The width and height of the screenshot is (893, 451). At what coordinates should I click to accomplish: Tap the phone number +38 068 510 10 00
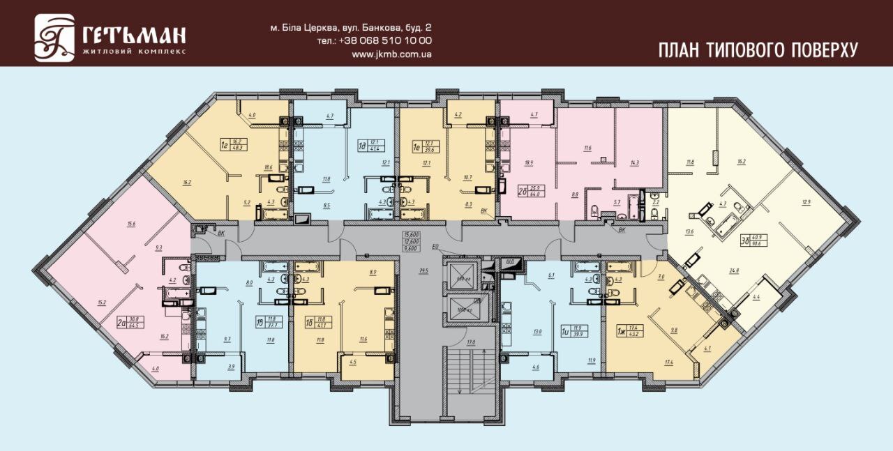click(384, 40)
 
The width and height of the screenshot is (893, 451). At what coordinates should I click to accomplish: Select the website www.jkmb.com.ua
click(391, 54)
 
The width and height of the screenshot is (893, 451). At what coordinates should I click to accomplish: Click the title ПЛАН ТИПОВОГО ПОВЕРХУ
click(758, 49)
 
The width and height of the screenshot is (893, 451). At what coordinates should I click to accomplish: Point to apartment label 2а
click(122, 322)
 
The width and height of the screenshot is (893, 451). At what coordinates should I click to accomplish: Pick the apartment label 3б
click(745, 242)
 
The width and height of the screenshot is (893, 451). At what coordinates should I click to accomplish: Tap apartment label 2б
click(520, 190)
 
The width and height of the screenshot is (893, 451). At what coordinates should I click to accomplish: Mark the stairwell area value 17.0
click(470, 342)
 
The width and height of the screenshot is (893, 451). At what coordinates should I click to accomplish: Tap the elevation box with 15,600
click(410, 234)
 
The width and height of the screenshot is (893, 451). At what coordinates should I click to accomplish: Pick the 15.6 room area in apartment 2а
click(130, 223)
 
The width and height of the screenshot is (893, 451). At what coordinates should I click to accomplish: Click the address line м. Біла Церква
click(351, 28)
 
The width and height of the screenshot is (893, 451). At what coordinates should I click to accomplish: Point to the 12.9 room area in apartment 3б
click(806, 202)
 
